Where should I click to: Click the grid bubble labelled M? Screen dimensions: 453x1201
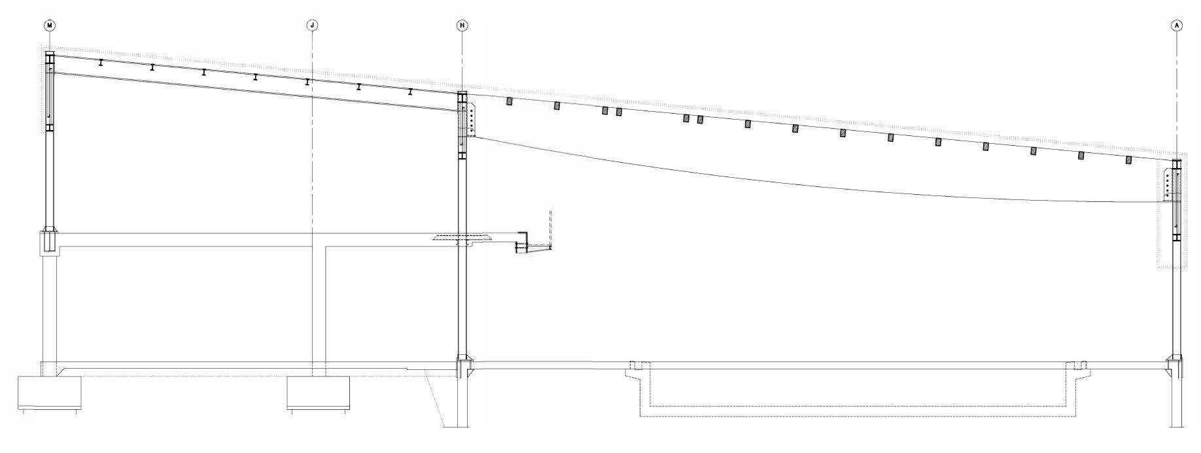click(50, 25)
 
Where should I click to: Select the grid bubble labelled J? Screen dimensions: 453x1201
click(313, 25)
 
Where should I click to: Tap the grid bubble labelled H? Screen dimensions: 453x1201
click(462, 25)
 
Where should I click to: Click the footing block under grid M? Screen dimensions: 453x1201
click(49, 393)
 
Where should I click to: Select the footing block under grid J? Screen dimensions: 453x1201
click(318, 393)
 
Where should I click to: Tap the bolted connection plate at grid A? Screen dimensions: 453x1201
click(1168, 185)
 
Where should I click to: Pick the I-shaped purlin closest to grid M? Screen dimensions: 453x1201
click(101, 63)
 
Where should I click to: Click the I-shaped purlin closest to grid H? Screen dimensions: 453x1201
click(410, 92)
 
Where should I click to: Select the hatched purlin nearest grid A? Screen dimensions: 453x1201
click(1128, 159)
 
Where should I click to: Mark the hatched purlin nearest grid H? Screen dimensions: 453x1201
click(509, 101)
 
